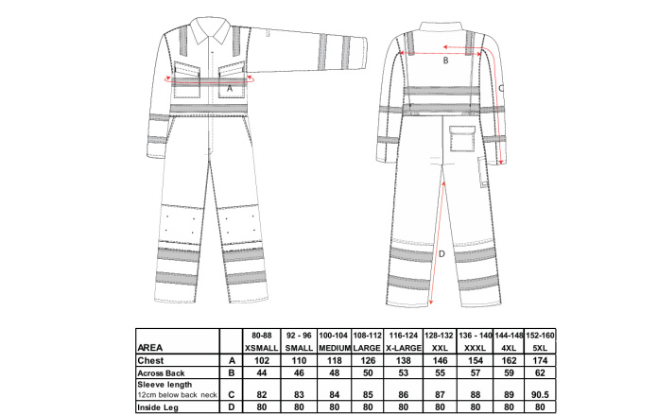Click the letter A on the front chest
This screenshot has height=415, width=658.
pyautogui.click(x=230, y=89)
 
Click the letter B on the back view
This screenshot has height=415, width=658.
pyautogui.click(x=445, y=61)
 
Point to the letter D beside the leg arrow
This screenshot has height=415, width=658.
pyautogui.click(x=442, y=254)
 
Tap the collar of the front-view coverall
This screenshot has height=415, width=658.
pyautogui.click(x=210, y=30)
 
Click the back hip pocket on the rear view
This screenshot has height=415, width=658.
pyautogui.click(x=462, y=138)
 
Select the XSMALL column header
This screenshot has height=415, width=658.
pyautogui.click(x=262, y=348)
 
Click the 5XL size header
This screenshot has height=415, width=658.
pyautogui.click(x=540, y=348)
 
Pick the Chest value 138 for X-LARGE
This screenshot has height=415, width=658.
pyautogui.click(x=404, y=360)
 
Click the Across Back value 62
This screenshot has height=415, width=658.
pyautogui.click(x=540, y=373)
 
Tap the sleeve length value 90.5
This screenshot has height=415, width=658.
pyautogui.click(x=540, y=395)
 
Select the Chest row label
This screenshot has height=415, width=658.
pyautogui.click(x=150, y=360)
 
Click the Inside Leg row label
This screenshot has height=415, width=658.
pyautogui.click(x=158, y=407)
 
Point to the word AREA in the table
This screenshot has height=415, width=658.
pyautogui.click(x=149, y=348)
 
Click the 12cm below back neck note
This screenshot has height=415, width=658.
pyautogui.click(x=178, y=395)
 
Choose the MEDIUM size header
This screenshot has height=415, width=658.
pyautogui.click(x=335, y=348)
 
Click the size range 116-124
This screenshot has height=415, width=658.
pyautogui.click(x=404, y=336)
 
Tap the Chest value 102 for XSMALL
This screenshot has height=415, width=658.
pyautogui.click(x=262, y=360)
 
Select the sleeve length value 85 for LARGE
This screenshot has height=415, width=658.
pyautogui.click(x=368, y=395)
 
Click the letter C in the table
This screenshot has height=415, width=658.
pyautogui.click(x=232, y=395)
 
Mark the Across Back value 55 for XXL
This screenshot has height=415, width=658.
pyautogui.click(x=440, y=373)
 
